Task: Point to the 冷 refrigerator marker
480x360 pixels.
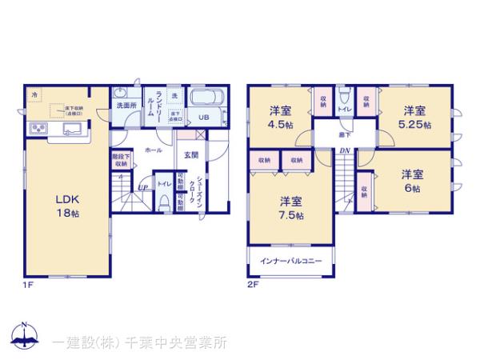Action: point(34,95)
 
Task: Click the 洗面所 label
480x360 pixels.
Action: point(126,106)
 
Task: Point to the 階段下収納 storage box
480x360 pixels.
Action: point(121,161)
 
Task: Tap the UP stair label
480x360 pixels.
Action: point(141,188)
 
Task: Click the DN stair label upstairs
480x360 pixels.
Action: point(343,150)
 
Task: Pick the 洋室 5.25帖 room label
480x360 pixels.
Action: point(415,117)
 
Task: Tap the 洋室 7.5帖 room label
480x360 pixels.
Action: point(290,207)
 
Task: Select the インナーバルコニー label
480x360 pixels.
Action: point(290,261)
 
